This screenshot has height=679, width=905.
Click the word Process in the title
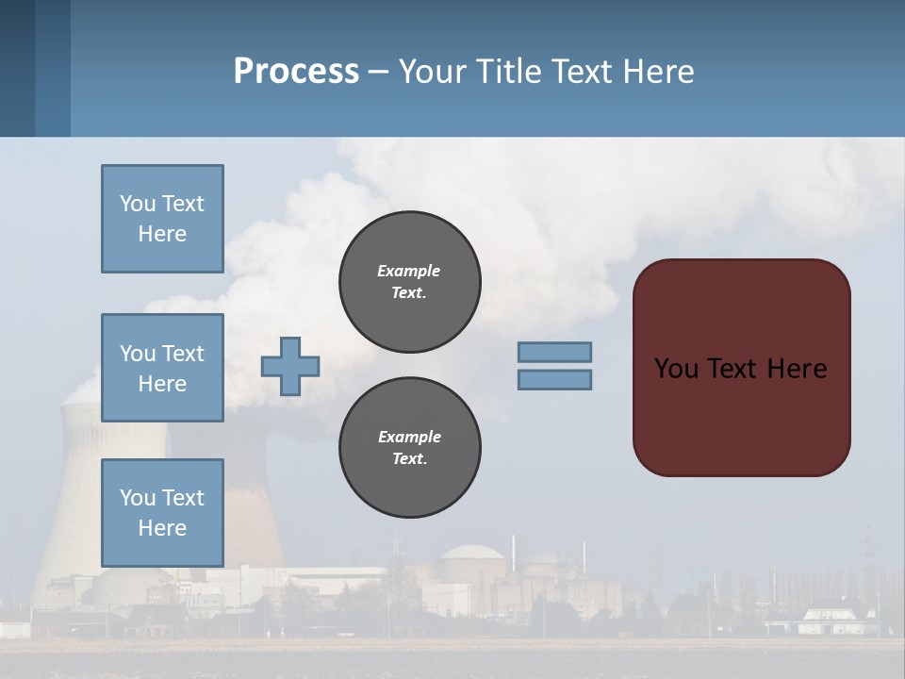pyautogui.click(x=296, y=71)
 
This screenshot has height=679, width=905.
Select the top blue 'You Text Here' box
pyautogui.click(x=162, y=219)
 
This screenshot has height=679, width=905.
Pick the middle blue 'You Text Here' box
pyautogui.click(x=162, y=368)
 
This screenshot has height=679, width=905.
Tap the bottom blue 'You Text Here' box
pyautogui.click(x=162, y=512)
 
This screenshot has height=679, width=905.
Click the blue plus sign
pyautogui.click(x=289, y=366)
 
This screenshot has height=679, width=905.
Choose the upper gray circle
pyautogui.click(x=409, y=281)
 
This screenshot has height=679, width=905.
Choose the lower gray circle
pyautogui.click(x=409, y=447)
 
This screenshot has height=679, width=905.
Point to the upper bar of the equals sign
pyautogui.click(x=554, y=352)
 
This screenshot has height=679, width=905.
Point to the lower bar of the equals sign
pyautogui.click(x=554, y=379)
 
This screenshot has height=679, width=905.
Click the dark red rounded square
pyautogui.click(x=741, y=415)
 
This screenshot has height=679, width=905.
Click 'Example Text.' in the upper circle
pyautogui.click(x=409, y=281)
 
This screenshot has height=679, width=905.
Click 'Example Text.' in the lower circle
pyautogui.click(x=409, y=447)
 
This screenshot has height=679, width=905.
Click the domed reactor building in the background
pyautogui.click(x=473, y=566)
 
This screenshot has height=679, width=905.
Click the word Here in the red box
pyautogui.click(x=797, y=368)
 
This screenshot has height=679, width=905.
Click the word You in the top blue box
pyautogui.click(x=137, y=204)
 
